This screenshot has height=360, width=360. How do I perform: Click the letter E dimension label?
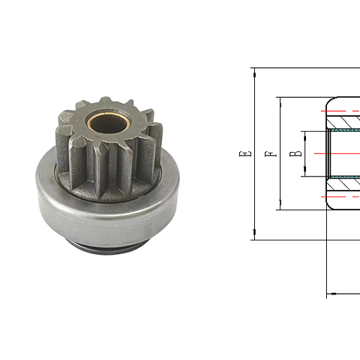click(x=246, y=154)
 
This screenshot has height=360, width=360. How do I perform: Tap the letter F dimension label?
click(x=271, y=154)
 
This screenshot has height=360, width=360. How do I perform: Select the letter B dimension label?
click(x=296, y=154)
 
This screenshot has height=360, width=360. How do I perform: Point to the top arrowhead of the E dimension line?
click(x=255, y=73)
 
